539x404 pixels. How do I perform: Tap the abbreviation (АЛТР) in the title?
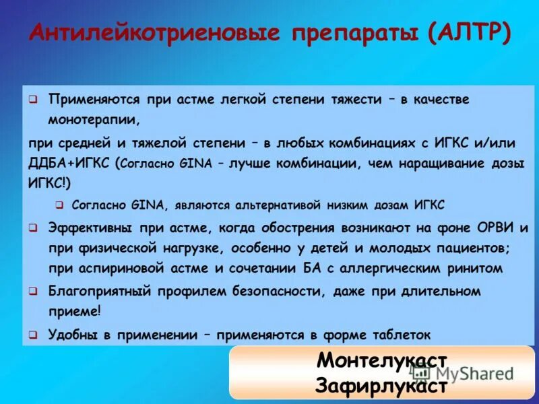469,32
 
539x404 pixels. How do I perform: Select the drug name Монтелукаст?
382,360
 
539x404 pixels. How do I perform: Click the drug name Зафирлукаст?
381,386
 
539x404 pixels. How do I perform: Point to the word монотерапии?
94,121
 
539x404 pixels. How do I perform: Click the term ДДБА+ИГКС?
70,163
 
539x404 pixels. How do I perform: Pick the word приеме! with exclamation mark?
75,311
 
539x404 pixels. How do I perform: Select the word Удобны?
71,334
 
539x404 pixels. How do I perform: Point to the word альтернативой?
277,205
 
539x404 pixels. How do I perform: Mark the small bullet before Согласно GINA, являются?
59,205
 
